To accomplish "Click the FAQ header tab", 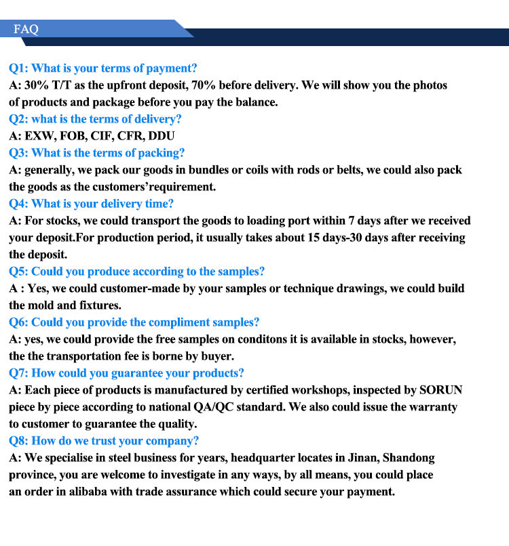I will click(x=26, y=29).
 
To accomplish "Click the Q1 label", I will click(x=18, y=68).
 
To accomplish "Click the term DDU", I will click(x=162, y=136).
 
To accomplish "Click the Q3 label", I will click(x=18, y=153).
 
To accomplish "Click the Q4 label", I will click(x=18, y=204).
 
